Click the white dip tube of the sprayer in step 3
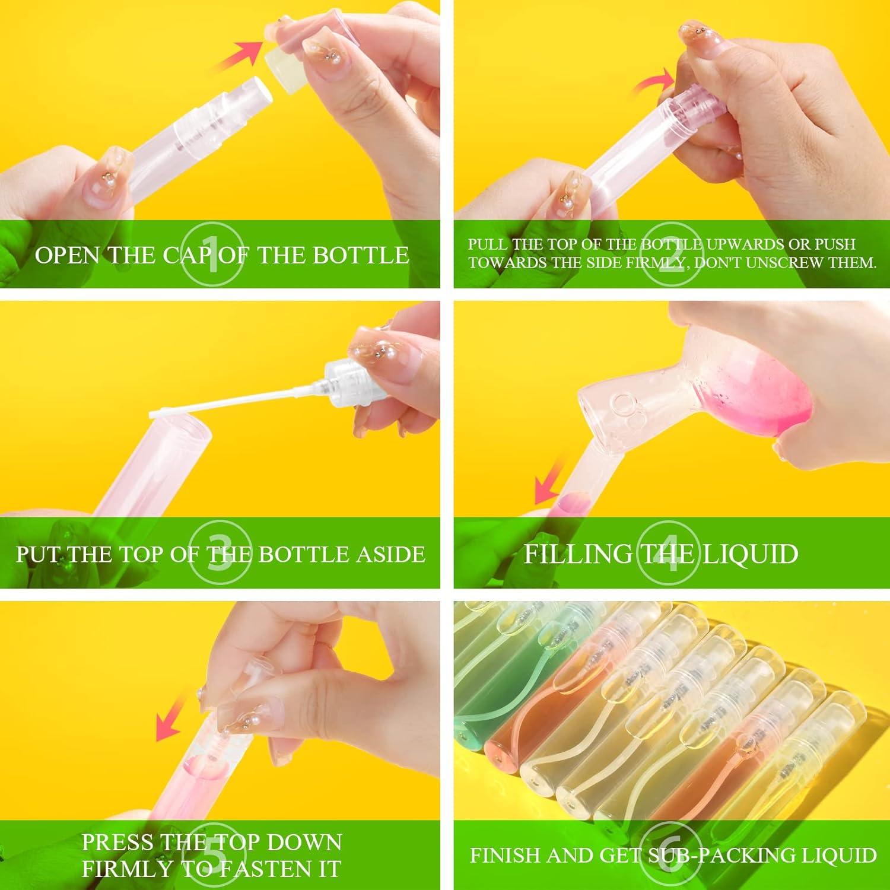click(237, 402)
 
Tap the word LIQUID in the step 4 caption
click(751, 554)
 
